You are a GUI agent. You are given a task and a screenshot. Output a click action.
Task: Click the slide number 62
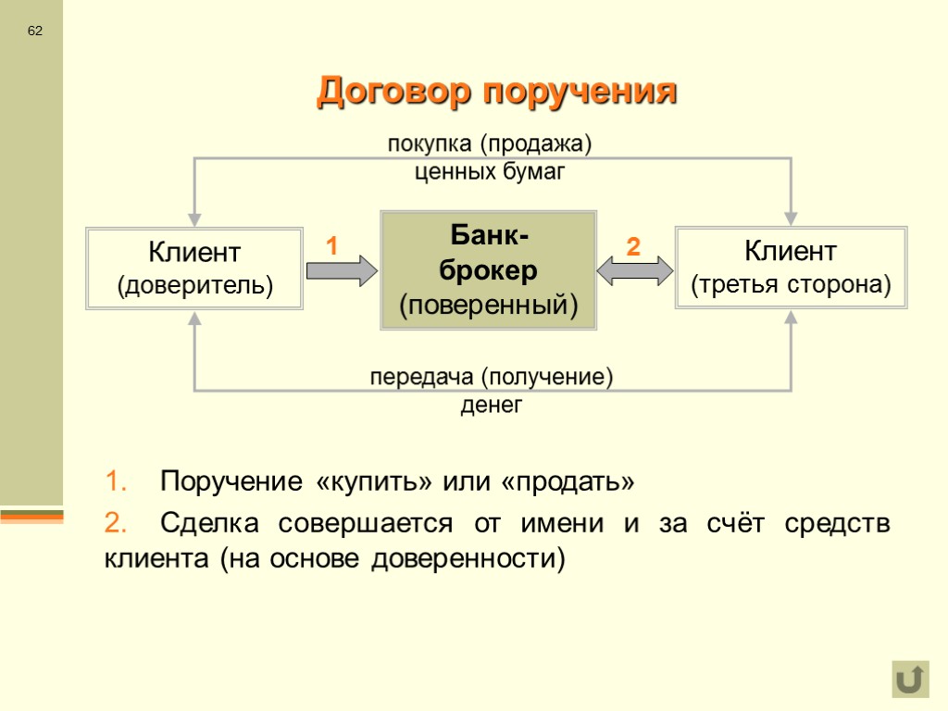(35, 31)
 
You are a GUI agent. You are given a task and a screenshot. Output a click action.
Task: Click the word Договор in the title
(394, 93)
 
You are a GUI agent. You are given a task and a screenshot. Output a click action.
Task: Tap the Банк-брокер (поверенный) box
(488, 269)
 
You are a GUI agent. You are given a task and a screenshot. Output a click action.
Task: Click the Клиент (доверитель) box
(194, 268)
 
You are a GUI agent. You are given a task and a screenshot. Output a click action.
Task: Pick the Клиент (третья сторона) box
(791, 268)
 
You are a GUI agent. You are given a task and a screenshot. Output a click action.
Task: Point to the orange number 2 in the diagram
(633, 247)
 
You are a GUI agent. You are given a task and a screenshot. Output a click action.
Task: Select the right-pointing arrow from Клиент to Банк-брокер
(342, 270)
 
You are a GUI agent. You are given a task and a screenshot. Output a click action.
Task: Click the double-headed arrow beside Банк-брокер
(635, 270)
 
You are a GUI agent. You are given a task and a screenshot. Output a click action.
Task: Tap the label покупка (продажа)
(489, 144)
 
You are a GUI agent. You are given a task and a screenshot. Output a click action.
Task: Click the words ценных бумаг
(489, 171)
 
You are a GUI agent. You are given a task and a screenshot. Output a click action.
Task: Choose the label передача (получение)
(492, 378)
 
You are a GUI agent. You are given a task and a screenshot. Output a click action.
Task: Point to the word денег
(492, 405)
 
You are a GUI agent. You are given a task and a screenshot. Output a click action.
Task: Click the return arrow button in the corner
(910, 680)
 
